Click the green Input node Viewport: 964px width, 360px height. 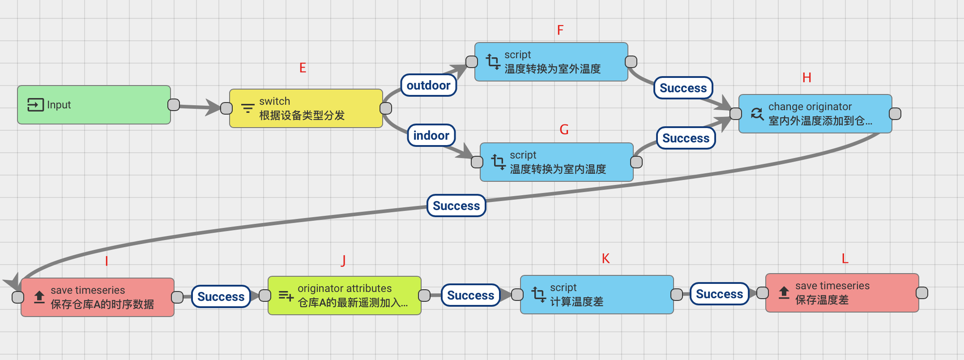[94, 105]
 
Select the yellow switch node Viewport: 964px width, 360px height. [306, 108]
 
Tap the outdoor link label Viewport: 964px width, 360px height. [428, 85]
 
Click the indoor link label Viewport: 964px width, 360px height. [431, 135]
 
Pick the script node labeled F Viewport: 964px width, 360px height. [551, 62]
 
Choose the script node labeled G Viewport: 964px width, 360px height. [556, 162]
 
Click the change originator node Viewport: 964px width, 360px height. [815, 114]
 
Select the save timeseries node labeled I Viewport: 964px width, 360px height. [98, 297]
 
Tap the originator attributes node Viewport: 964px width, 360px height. [344, 296]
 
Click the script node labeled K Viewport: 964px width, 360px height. [597, 295]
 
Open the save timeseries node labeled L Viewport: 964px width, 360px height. [842, 293]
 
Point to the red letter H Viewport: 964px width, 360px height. [806, 78]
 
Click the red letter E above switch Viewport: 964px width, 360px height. [303, 68]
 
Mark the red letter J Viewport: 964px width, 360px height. [343, 260]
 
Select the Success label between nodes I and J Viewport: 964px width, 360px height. [221, 296]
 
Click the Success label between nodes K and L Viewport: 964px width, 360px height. [719, 294]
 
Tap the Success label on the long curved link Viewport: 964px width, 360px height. [456, 206]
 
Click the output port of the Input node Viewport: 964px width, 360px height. [174, 105]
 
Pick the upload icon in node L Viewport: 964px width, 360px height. [784, 293]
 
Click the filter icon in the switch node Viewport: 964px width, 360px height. [247, 108]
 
